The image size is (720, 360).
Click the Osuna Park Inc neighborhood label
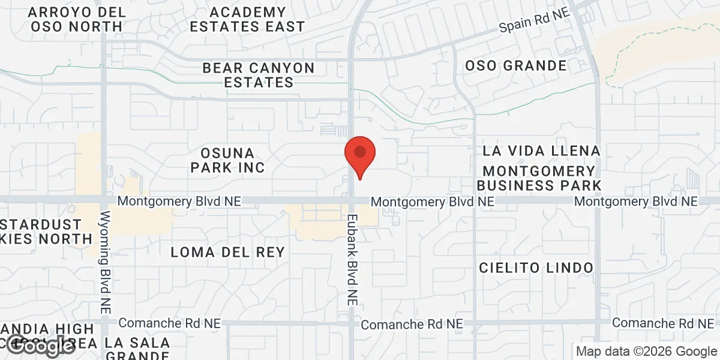coord(228,160)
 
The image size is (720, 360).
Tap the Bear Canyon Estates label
coord(259,75)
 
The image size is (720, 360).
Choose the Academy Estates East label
coord(248,19)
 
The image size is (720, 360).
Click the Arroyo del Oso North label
coord(77,19)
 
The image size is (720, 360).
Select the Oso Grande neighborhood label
coord(516,65)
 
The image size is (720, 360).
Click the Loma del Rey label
coord(227,252)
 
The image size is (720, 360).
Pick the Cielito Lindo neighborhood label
coord(536,268)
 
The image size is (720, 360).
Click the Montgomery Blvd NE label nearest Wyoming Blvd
coord(179,202)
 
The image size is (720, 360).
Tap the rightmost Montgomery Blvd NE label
coord(636,202)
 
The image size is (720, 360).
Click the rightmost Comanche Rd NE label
coord(663,323)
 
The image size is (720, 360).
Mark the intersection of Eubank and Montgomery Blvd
coord(352,200)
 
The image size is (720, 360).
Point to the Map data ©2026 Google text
coord(646,351)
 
